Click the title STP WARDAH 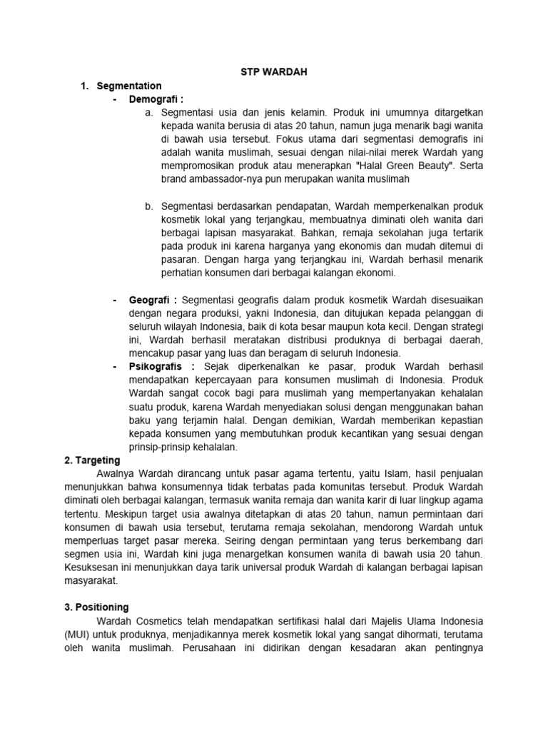pyautogui.click(x=273, y=72)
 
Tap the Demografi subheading pyautogui.click(x=152, y=99)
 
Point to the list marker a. pyautogui.click(x=148, y=113)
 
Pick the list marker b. pyautogui.click(x=148, y=206)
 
